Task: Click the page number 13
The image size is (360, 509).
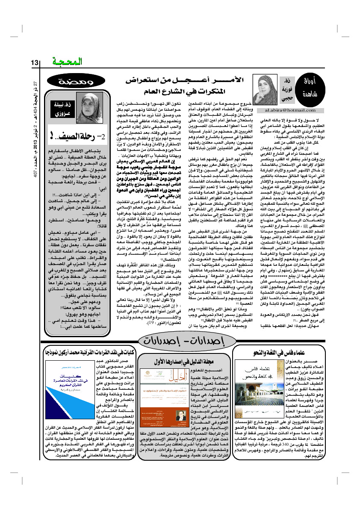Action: pos(35,63)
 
